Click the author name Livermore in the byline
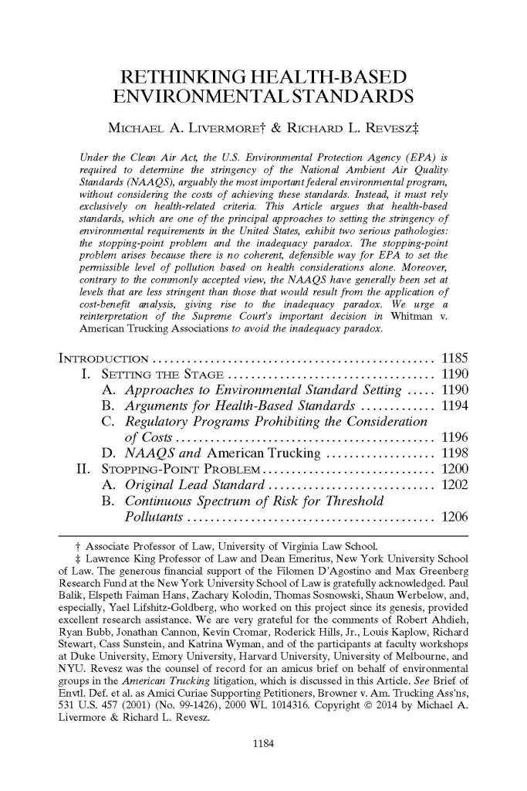click(x=221, y=125)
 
